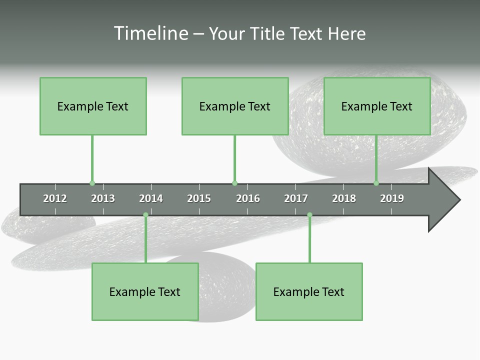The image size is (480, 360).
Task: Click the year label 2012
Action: click(x=55, y=198)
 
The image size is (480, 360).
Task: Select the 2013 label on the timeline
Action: click(x=103, y=198)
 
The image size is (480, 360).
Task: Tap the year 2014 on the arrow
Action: click(x=151, y=198)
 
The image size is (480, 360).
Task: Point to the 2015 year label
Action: click(x=199, y=198)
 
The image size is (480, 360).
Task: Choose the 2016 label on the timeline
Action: click(x=248, y=198)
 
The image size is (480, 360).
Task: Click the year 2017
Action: click(x=296, y=198)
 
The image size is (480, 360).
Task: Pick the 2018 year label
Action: click(x=344, y=198)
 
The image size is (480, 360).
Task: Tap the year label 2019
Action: click(x=392, y=198)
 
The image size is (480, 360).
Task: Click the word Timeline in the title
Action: click(x=150, y=33)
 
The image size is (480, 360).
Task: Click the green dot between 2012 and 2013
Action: click(x=92, y=183)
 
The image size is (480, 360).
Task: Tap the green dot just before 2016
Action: click(x=234, y=183)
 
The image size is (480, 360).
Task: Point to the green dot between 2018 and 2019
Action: click(x=376, y=183)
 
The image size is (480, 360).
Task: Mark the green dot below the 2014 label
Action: click(x=145, y=215)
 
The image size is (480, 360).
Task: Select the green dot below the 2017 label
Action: click(x=309, y=215)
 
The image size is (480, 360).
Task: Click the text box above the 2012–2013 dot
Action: click(x=93, y=106)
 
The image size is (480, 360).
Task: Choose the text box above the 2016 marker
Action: click(x=235, y=106)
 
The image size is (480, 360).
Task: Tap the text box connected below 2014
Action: click(x=145, y=291)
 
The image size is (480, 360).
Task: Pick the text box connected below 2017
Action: click(x=309, y=291)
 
